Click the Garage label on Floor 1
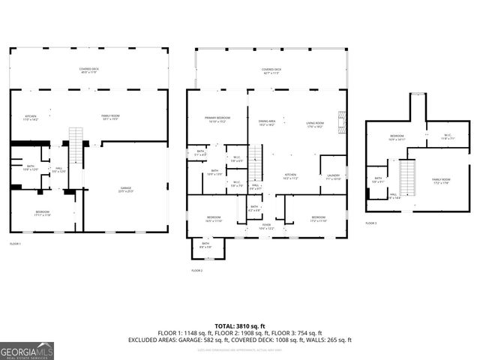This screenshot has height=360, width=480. point(125,190)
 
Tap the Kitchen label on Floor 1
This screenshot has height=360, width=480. point(31,118)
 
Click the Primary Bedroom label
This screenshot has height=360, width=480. point(217,120)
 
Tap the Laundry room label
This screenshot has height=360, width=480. point(332,177)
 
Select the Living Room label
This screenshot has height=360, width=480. point(314,124)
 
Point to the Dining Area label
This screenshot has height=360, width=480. point(267,123)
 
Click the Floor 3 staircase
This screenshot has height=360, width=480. point(408,178)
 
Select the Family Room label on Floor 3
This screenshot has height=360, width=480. point(440,181)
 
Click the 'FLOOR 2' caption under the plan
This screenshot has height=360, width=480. point(197,270)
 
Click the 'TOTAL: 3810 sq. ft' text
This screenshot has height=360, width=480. point(239,325)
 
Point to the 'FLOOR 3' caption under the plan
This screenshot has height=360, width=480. point(370,223)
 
